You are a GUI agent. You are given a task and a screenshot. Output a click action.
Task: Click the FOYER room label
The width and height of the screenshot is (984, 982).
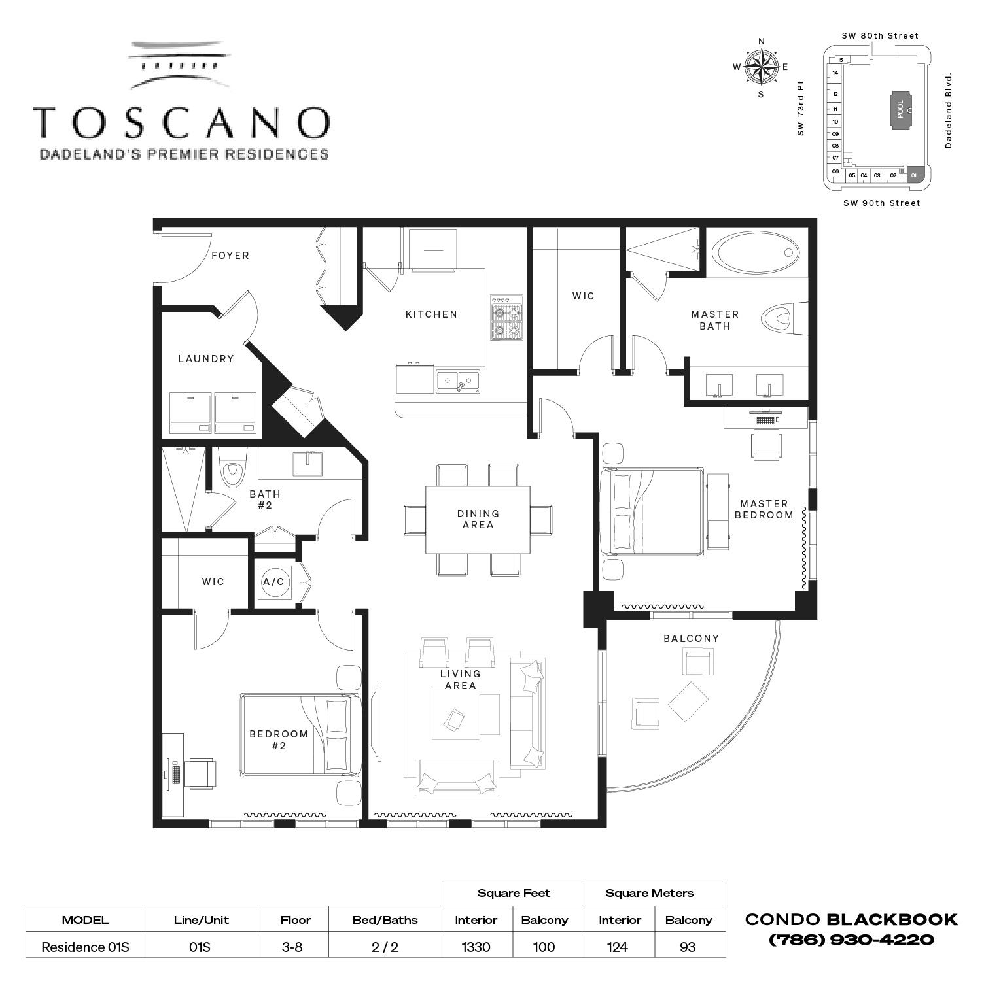(x=230, y=256)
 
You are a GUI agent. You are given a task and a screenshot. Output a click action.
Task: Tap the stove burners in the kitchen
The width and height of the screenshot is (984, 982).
(x=507, y=318)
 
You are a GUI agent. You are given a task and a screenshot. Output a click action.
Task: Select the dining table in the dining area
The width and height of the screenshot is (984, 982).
(x=478, y=519)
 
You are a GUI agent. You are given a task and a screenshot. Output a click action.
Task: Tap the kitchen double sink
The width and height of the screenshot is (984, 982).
(x=458, y=381)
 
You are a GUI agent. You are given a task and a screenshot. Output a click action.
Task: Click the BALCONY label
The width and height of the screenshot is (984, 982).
(x=691, y=638)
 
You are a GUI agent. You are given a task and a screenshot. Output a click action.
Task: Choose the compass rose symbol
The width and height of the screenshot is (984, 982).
(x=761, y=67)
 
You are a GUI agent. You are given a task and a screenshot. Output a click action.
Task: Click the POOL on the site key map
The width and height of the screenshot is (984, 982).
(x=900, y=109)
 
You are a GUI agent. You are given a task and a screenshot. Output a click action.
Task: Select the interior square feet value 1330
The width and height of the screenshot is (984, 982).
(x=476, y=947)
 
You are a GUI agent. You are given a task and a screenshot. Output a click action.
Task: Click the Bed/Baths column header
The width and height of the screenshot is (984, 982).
(x=385, y=920)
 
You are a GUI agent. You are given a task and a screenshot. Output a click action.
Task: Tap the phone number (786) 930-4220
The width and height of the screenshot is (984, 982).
(x=851, y=940)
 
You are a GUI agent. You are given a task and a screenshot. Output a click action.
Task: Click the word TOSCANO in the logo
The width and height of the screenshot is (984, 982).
(x=182, y=122)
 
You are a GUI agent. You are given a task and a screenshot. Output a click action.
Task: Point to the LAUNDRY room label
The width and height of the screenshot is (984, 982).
(x=206, y=359)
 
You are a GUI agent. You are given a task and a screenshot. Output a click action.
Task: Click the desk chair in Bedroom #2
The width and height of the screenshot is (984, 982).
(x=200, y=773)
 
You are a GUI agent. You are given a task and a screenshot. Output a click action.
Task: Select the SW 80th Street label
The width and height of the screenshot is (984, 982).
(x=880, y=36)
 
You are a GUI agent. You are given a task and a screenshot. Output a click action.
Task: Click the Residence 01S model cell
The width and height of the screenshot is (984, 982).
(x=85, y=947)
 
